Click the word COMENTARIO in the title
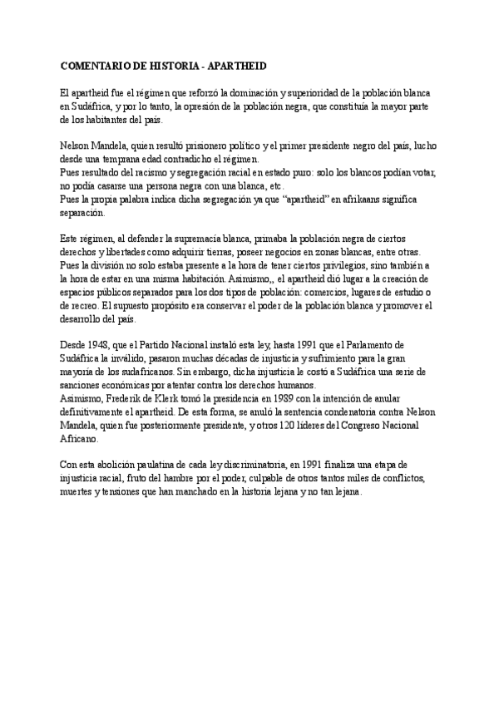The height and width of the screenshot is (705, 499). coord(98,65)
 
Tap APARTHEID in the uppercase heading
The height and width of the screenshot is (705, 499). coord(232,65)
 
